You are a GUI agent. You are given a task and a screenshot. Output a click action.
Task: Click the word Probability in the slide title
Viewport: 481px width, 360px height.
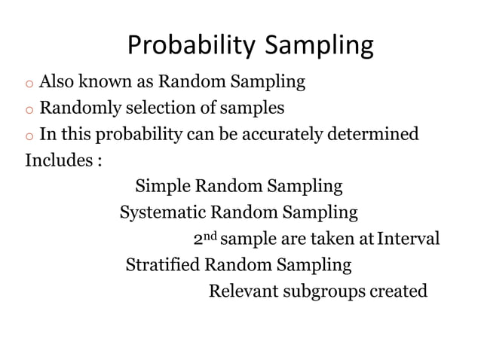pyautogui.click(x=192, y=47)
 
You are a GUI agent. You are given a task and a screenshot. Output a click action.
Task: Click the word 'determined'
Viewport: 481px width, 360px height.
pyautogui.click(x=374, y=135)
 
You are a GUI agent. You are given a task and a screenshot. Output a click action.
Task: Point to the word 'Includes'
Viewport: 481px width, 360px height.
pyautogui.click(x=60, y=161)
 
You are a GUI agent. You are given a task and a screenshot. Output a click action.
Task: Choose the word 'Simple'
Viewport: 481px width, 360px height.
pyautogui.click(x=163, y=186)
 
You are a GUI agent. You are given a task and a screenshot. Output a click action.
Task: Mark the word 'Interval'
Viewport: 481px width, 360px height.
pyautogui.click(x=409, y=239)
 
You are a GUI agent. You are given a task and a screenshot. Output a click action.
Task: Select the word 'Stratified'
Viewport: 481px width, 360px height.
pyautogui.click(x=163, y=265)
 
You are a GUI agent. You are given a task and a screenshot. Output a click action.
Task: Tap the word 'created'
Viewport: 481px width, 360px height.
pyautogui.click(x=399, y=291)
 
